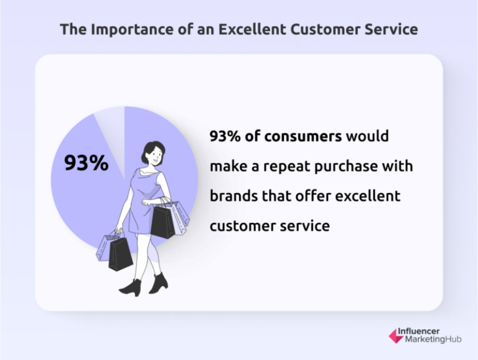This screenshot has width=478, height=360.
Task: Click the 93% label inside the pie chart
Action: coord(86,163)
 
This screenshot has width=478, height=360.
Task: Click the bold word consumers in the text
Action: coord(303,136)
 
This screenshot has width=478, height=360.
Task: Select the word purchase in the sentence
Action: coord(350,166)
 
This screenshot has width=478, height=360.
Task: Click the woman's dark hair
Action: coord(152,147)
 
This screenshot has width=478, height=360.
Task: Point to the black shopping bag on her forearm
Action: coord(162,220)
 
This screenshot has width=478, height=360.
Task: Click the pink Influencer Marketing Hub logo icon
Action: coord(395,336)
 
